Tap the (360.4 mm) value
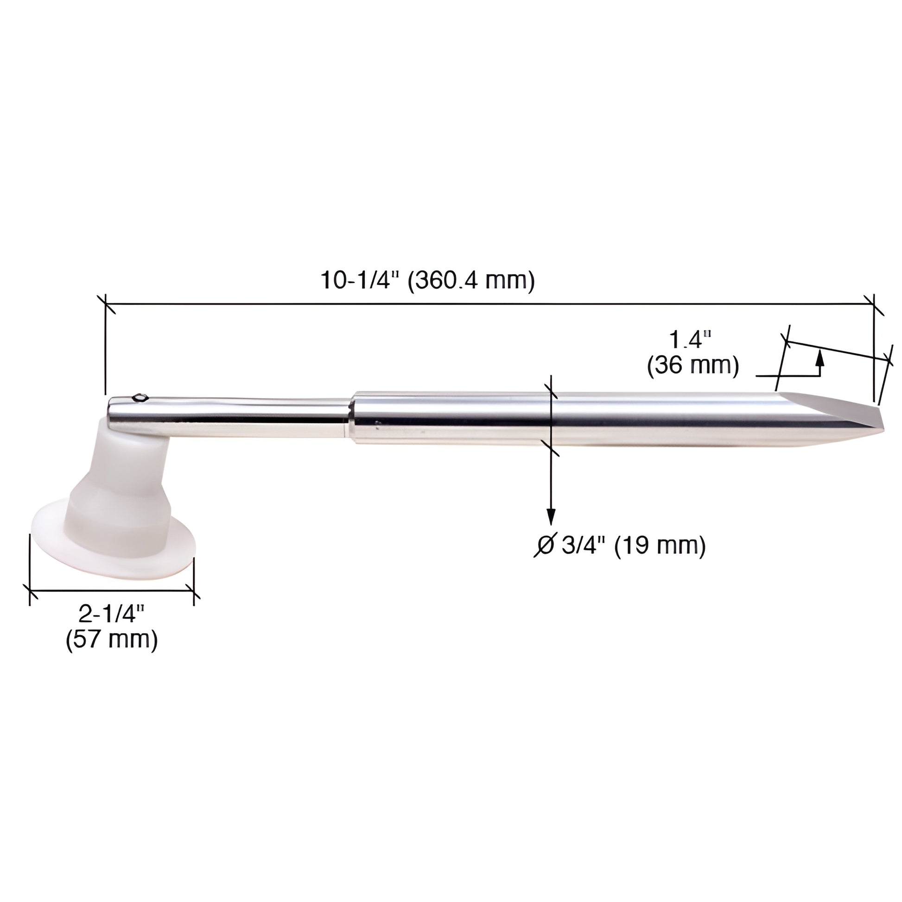471,280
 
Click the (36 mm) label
693,365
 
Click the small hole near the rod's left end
140,398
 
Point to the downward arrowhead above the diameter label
552,516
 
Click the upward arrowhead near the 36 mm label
819,359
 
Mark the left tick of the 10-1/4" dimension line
105,304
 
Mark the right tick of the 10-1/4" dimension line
873,304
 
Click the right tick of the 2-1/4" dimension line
194,591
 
